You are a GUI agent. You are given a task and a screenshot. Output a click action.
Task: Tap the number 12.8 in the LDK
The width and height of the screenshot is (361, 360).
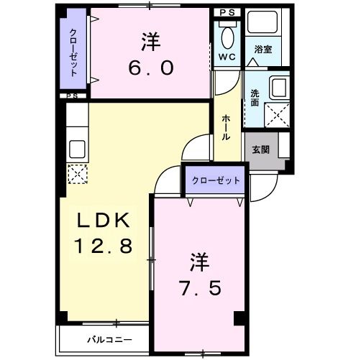(x=104, y=246)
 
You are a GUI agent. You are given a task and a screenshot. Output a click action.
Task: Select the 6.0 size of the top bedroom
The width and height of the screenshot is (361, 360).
(x=151, y=67)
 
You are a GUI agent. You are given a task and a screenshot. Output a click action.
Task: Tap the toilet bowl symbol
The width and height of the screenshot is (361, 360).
(x=229, y=35)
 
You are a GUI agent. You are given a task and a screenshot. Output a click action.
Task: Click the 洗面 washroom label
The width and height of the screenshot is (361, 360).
(x=256, y=97)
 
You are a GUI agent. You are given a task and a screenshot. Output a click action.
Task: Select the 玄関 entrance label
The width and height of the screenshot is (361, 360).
(x=260, y=150)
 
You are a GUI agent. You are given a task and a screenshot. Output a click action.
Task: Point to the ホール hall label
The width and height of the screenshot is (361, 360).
(x=226, y=127)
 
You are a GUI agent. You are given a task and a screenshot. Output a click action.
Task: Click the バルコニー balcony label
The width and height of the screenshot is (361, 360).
(x=109, y=338)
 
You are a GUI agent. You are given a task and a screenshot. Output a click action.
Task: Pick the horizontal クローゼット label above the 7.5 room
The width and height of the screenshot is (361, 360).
(x=216, y=180)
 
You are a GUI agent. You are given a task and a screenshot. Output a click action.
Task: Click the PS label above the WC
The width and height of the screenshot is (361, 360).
(x=228, y=13)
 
